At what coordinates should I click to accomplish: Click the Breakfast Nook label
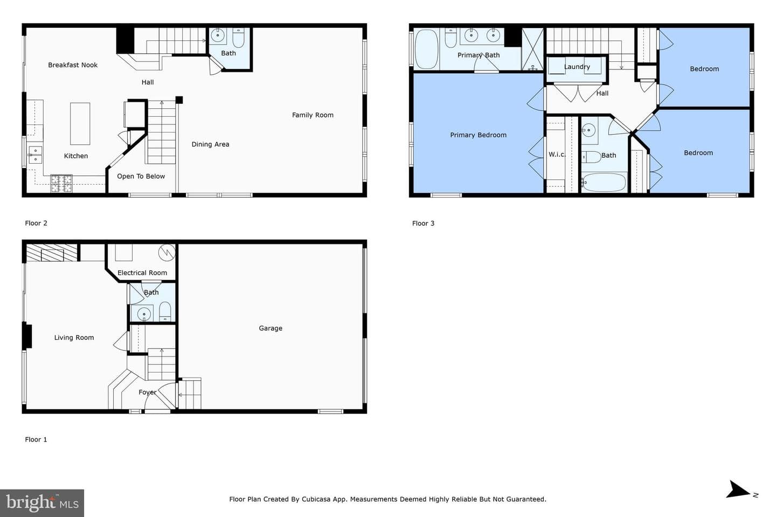pyautogui.click(x=73, y=65)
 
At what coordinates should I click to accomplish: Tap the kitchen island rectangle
pyautogui.click(x=80, y=124)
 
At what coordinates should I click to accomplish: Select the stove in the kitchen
pyautogui.click(x=61, y=183)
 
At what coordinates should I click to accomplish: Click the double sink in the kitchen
pyautogui.click(x=36, y=155)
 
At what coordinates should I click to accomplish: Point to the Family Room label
pyautogui.click(x=313, y=115)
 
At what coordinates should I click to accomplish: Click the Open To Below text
pyautogui.click(x=141, y=176)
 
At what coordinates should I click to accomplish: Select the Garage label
pyautogui.click(x=271, y=329)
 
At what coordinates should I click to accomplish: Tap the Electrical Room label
pyautogui.click(x=142, y=273)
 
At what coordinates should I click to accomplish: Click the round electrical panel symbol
pyautogui.click(x=167, y=253)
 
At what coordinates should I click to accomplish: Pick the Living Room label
pyautogui.click(x=74, y=338)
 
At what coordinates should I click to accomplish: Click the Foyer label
pyautogui.click(x=148, y=393)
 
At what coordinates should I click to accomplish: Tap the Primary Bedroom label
pyautogui.click(x=478, y=135)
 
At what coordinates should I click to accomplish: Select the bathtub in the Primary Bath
pyautogui.click(x=427, y=49)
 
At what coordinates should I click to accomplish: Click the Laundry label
pyautogui.click(x=577, y=67)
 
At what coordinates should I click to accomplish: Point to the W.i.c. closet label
pyautogui.click(x=557, y=155)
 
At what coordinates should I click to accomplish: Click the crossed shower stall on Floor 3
pyautogui.click(x=532, y=49)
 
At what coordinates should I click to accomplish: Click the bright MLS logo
pyautogui.click(x=42, y=503)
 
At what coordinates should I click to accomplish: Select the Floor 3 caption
pyautogui.click(x=423, y=223)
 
